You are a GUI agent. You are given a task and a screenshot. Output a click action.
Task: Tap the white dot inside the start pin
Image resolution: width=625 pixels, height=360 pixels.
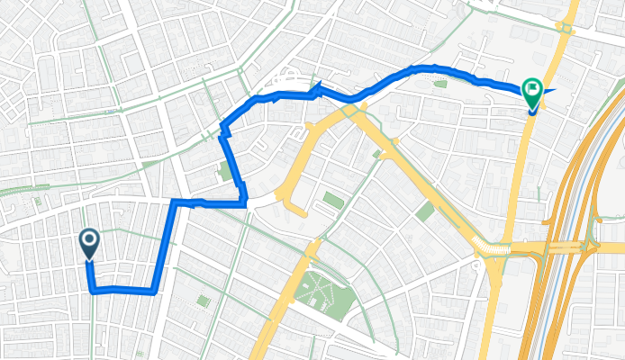[x=90, y=239]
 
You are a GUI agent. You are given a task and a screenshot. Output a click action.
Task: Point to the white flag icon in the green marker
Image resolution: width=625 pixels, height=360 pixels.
[x=531, y=88]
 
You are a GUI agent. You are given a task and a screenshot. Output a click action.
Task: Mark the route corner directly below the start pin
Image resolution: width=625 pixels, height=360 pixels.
[x=93, y=290]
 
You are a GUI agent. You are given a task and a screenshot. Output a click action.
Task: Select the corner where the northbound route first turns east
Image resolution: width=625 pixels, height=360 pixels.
[x=173, y=202]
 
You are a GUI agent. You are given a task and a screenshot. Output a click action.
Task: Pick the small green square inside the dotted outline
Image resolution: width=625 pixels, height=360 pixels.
[x=203, y=301]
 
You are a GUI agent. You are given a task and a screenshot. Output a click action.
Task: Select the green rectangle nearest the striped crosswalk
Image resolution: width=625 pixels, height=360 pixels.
[x=425, y=211]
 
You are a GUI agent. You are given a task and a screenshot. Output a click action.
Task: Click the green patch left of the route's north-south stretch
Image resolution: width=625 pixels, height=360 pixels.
[x=224, y=171]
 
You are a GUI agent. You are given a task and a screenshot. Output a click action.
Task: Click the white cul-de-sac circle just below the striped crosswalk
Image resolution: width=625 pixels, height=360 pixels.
[x=476, y=265]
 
